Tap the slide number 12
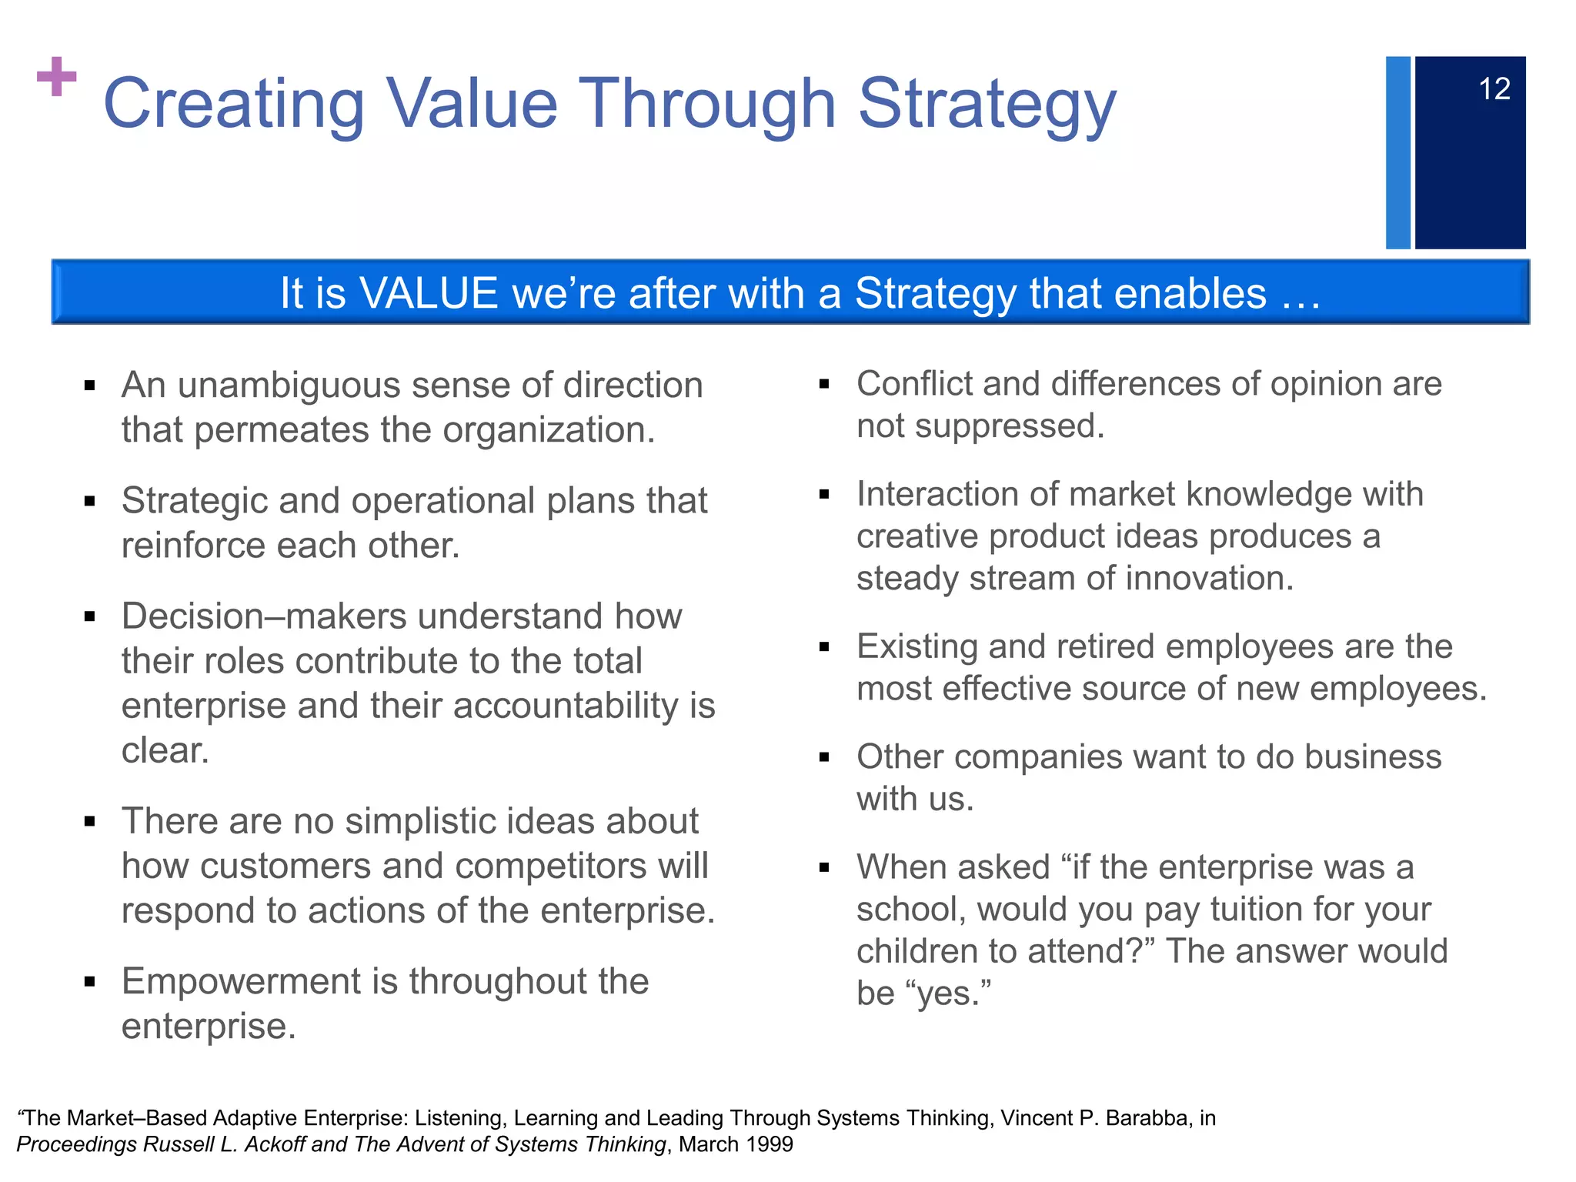click(1494, 89)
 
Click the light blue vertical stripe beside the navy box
click(1397, 152)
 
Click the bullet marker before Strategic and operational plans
click(90, 502)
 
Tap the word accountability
click(573, 706)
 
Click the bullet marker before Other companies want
click(824, 758)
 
